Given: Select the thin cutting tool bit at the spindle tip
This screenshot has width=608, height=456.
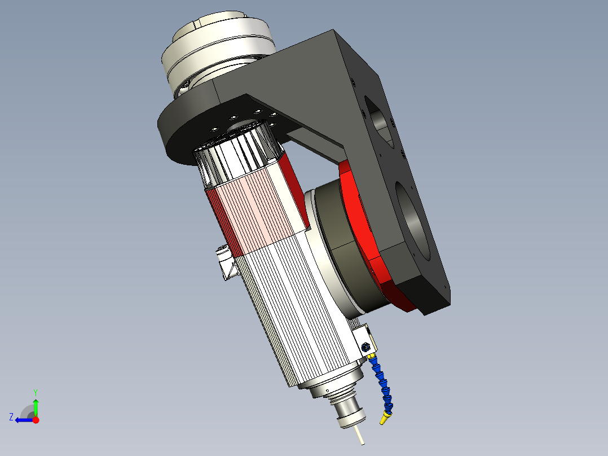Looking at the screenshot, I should click(x=359, y=436).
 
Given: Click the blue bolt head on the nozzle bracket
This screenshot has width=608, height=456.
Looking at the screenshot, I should click(x=365, y=347).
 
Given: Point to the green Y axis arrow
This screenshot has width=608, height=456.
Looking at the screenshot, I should click(x=36, y=406).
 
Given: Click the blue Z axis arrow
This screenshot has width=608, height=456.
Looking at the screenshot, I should click(x=23, y=420).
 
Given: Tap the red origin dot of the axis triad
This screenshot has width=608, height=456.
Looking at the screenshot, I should click(x=36, y=420).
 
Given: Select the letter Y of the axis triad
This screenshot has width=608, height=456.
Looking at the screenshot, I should click(x=36, y=392).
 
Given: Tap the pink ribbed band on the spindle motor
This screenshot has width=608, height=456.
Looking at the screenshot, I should click(x=257, y=212).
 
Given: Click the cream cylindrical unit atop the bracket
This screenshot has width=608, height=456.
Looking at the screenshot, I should click(x=217, y=42).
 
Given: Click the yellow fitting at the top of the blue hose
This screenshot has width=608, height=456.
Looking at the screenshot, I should click(x=372, y=356).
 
